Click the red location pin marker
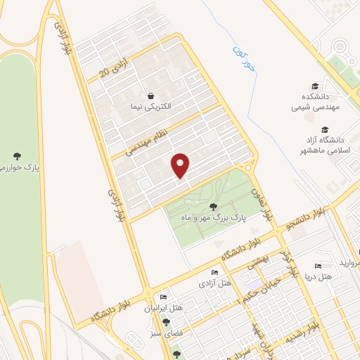181,165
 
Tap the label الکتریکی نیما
152,106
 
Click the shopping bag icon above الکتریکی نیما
150,96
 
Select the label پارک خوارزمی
17,167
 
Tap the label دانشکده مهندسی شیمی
307,104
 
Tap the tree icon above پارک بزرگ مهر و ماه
214,206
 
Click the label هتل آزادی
214,283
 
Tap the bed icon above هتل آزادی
214,273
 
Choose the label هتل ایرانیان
164,307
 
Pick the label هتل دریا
328,276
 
